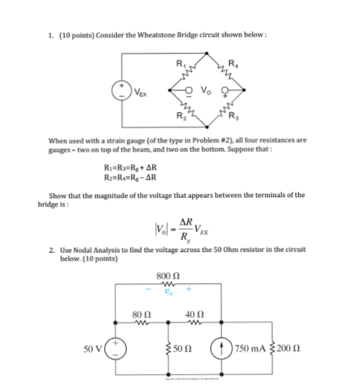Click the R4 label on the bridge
[233, 63]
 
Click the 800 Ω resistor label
[168, 275]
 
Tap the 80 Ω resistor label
[141, 313]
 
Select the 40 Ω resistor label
[193, 313]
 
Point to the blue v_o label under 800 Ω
[167, 290]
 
